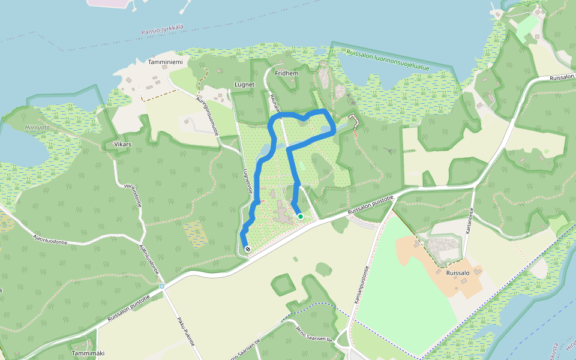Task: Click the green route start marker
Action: pyautogui.click(x=300, y=217)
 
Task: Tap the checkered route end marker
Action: pyautogui.click(x=247, y=248)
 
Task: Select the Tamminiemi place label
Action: pyautogui.click(x=160, y=62)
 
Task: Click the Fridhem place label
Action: pyautogui.click(x=286, y=73)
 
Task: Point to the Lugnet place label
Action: pyautogui.click(x=245, y=85)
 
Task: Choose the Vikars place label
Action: pyautogui.click(x=122, y=145)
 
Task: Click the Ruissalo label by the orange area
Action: pyautogui.click(x=457, y=272)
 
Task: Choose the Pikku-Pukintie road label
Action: pyautogui.click(x=187, y=332)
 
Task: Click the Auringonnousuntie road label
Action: pyautogui.click(x=208, y=114)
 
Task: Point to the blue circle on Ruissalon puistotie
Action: pyautogui.click(x=162, y=286)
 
